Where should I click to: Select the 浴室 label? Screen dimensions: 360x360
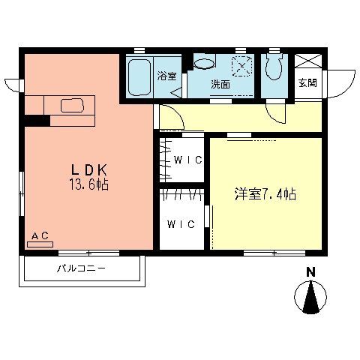coord(166,76)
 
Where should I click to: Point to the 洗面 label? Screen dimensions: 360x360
coord(220,84)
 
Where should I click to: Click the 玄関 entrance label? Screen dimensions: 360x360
coord(307,83)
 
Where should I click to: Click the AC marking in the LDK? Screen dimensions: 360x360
coord(40,236)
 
